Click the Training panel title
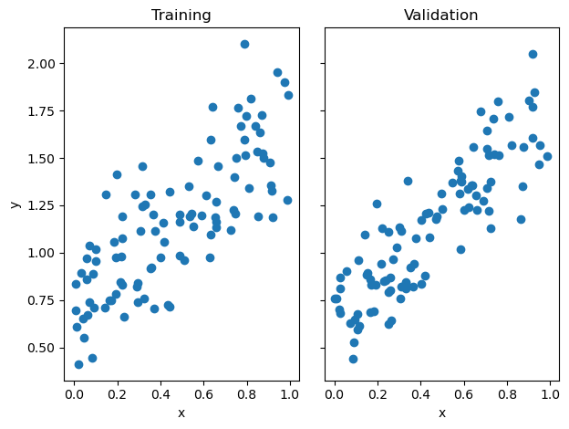pyautogui.click(x=181, y=16)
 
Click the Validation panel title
pyautogui.click(x=441, y=16)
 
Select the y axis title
pyautogui.click(x=16, y=204)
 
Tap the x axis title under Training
pyautogui.click(x=181, y=413)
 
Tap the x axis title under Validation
pyautogui.click(x=441, y=413)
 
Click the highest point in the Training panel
pyautogui.click(x=244, y=44)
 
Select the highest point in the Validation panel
pyautogui.click(x=533, y=54)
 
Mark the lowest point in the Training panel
pyautogui.click(x=78, y=364)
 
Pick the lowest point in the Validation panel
pyautogui.click(x=353, y=359)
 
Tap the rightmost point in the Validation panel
pyautogui.click(x=547, y=156)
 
